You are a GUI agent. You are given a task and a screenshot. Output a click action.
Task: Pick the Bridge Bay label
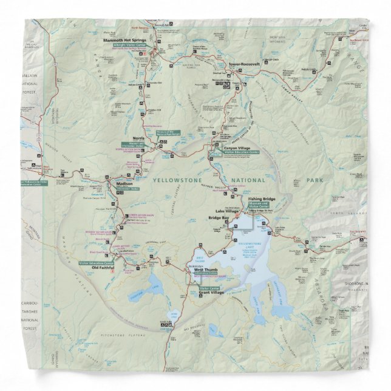218,217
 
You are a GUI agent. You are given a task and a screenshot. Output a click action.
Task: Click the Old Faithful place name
102,267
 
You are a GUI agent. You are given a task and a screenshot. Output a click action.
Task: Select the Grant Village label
211,293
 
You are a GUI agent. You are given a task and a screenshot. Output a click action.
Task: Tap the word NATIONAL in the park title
245,180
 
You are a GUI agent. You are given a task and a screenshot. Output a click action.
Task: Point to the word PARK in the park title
315,180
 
